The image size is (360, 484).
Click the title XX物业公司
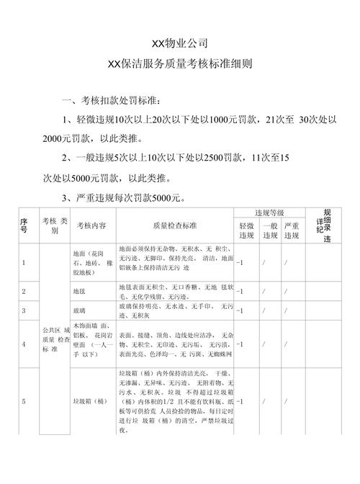[179, 45]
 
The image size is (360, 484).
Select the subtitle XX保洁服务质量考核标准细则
[179, 64]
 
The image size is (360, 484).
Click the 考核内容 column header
[92, 225]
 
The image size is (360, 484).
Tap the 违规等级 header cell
[269, 213]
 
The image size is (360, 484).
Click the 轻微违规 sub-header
[246, 231]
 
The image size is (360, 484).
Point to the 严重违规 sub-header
[291, 231]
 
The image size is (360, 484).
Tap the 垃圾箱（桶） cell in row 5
[91, 400]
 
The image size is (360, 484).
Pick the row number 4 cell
[24, 344]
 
